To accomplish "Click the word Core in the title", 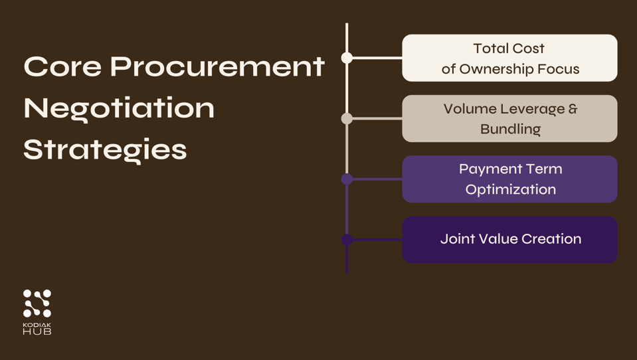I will tap(62, 66).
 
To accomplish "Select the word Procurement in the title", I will tap(217, 66).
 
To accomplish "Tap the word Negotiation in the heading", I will tap(120, 108).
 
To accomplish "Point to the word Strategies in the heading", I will tap(105, 149).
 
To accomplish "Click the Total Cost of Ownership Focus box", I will tap(509, 58).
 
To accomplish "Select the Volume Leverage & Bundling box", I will tap(509, 118).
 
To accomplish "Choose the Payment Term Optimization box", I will tap(509, 179).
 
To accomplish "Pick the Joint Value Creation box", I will tap(509, 239).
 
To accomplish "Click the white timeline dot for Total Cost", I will tap(347, 58).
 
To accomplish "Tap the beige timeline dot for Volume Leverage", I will tap(347, 118).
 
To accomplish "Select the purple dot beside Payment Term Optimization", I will tap(347, 179).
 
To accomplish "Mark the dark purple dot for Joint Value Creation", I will tap(347, 240).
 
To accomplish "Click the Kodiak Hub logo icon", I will tap(37, 304).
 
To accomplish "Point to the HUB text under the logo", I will tap(37, 331).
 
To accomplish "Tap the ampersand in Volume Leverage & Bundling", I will tap(572, 108).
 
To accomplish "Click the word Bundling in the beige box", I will tap(510, 129).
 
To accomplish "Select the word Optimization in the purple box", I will tap(510, 189).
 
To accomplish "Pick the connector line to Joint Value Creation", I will tap(376, 240).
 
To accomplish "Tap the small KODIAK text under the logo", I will tap(37, 324).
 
